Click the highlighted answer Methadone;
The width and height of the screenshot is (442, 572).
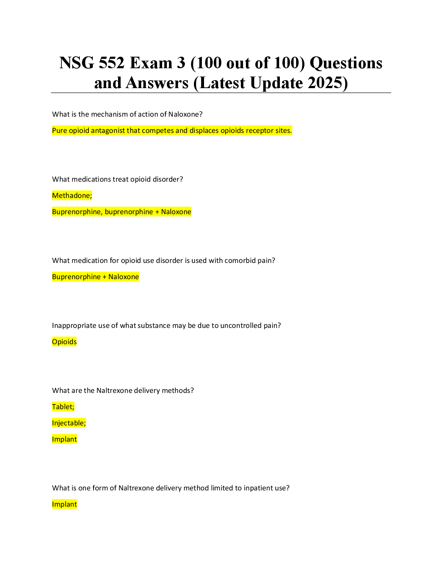[72, 196]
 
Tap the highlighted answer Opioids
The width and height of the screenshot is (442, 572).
[64, 342]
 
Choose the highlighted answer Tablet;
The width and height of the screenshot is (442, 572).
[63, 407]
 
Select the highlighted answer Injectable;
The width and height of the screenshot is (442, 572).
[69, 423]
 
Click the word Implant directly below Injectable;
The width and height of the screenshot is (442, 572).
[64, 439]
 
